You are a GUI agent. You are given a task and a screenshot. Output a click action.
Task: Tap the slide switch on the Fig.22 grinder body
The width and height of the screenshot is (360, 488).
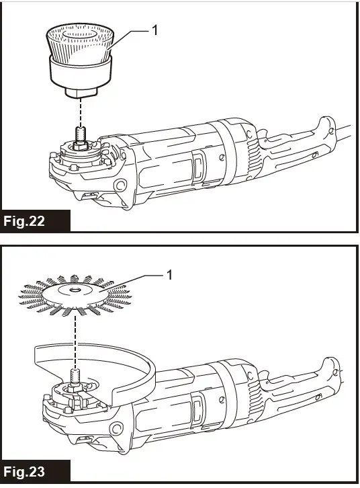click(x=199, y=165)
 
